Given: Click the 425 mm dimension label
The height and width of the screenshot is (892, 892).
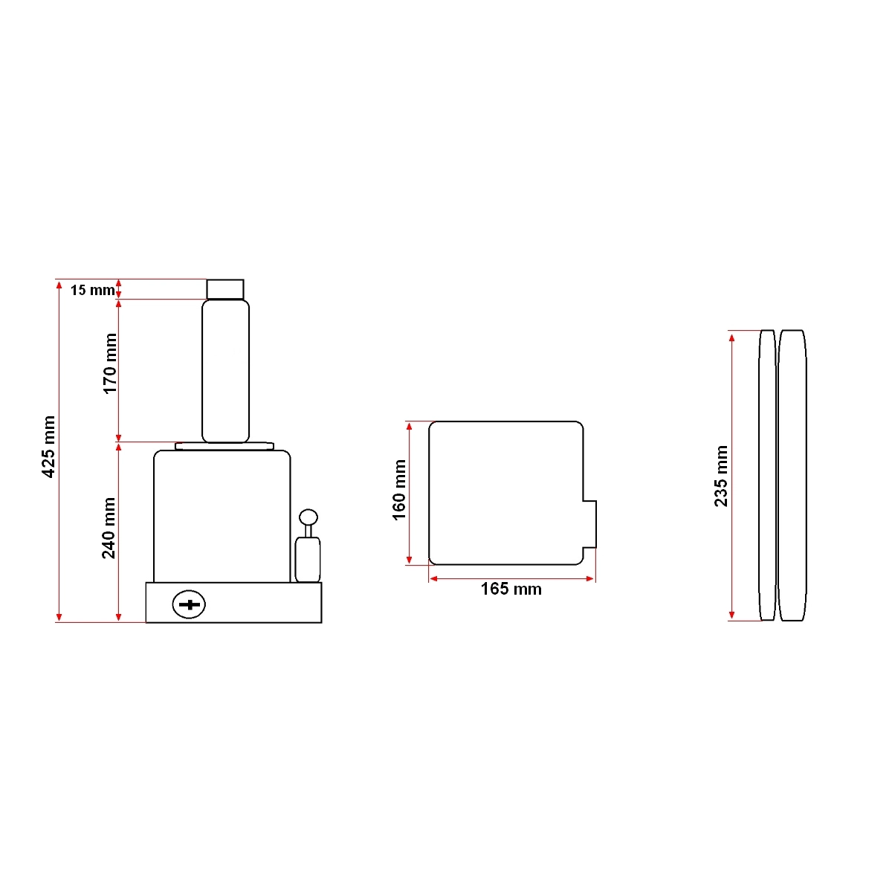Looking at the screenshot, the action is (48, 446).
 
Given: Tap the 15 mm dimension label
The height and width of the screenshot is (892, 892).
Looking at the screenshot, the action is (93, 290).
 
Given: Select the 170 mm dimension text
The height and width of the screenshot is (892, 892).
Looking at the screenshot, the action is (110, 363).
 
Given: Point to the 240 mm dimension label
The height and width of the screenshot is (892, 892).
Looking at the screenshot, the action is (109, 529).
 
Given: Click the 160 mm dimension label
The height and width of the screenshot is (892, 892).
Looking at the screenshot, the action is (399, 490).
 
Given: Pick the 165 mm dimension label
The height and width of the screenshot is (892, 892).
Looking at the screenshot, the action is (511, 589).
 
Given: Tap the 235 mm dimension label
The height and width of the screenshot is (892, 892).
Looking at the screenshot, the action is (721, 476).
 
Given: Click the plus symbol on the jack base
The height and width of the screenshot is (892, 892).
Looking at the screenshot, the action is (189, 604).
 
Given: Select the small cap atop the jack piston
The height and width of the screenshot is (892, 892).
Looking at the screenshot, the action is (225, 289).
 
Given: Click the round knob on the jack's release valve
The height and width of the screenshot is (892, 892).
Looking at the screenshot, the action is (308, 517).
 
